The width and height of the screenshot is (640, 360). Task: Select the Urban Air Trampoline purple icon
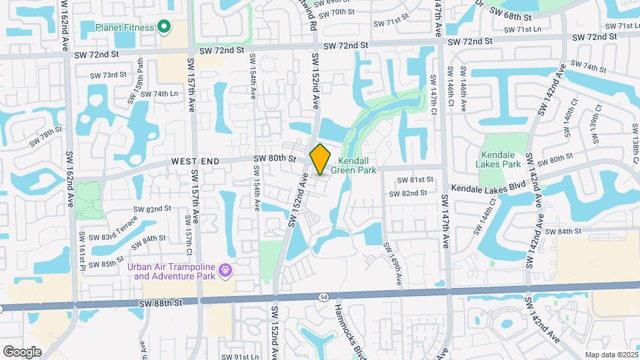point(225,270)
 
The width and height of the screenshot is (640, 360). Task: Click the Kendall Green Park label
point(357,165)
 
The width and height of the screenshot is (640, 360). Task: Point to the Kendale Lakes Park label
point(499,159)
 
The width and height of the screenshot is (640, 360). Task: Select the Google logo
point(22,351)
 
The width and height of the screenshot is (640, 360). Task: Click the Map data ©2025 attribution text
point(611,355)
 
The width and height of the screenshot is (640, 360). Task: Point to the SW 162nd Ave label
point(69,179)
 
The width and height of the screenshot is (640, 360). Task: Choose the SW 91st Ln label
point(241,357)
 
